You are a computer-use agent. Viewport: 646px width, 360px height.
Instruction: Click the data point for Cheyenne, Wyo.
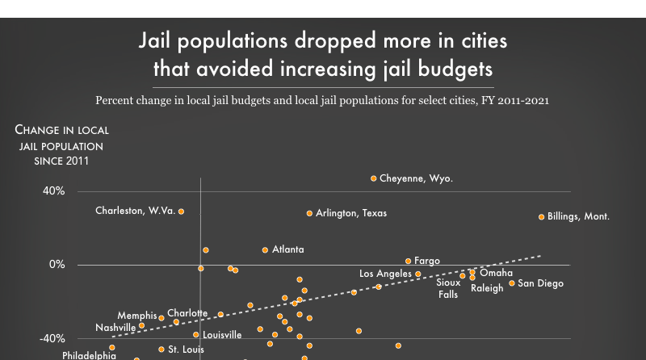point(374,178)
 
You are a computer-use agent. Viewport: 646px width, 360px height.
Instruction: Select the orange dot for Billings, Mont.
point(542,217)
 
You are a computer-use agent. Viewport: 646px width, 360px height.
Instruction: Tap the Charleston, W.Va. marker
point(182,211)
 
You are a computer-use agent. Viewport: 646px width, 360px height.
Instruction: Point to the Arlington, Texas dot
point(309,213)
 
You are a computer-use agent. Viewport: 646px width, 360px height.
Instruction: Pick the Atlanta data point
point(265,250)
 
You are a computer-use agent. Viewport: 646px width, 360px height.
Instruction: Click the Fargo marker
point(409,262)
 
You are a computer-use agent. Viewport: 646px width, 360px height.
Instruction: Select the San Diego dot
point(512,283)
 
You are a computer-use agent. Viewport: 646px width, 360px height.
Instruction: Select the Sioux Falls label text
point(448,288)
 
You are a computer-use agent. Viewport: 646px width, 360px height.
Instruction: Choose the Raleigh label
point(487,288)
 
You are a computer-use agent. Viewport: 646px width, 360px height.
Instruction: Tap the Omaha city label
point(496,274)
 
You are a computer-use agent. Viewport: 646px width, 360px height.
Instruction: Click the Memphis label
point(136,316)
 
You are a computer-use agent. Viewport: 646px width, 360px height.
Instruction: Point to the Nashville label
point(115,328)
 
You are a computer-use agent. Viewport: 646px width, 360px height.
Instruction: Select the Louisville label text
point(222,335)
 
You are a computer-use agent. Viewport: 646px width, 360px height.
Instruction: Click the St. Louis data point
point(161,350)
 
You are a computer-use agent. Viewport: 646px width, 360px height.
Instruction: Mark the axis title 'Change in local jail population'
point(61,145)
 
